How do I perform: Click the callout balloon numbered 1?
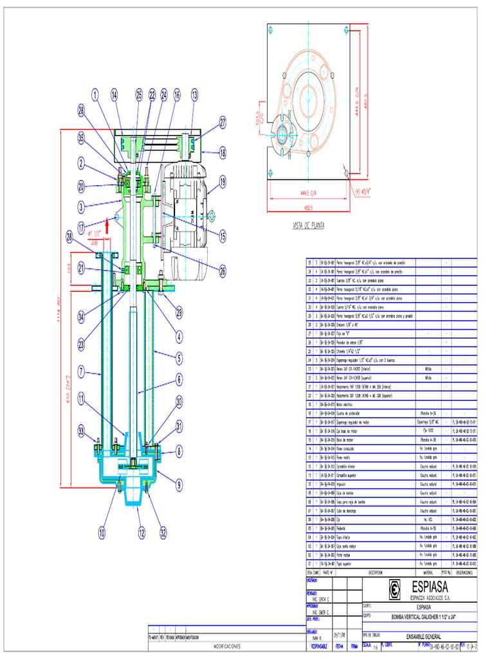tap(95, 96)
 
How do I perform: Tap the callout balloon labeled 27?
tap(223, 121)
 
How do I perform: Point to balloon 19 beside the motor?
tap(223, 182)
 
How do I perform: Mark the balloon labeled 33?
tap(82, 430)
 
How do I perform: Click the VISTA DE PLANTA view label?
tap(309, 226)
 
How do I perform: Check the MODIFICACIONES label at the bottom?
tap(228, 646)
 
